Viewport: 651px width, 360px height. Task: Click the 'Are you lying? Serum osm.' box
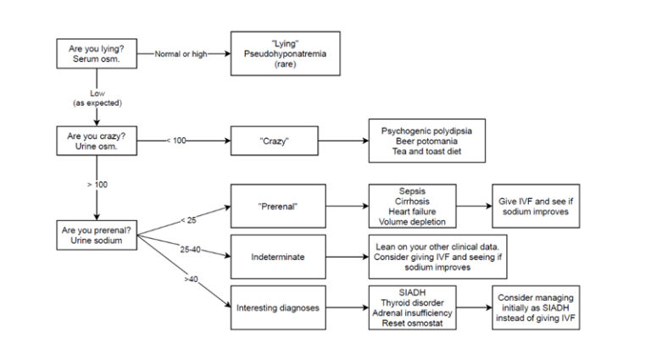click(96, 53)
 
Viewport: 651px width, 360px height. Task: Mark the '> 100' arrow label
click(95, 183)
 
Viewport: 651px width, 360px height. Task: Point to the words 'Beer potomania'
click(426, 139)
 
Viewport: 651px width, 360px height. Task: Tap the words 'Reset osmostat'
click(415, 324)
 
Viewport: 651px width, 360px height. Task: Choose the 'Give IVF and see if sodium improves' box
click(536, 205)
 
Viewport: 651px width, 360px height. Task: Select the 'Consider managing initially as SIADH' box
click(536, 307)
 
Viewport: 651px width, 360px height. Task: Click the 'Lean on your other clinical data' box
click(438, 255)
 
